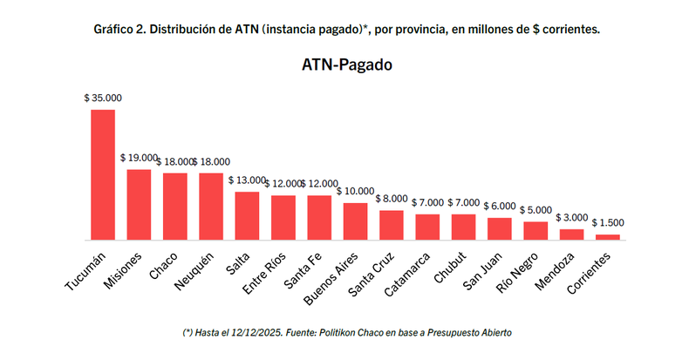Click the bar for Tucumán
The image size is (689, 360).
[103, 174]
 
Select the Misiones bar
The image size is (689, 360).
[140, 204]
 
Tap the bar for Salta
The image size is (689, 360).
[247, 215]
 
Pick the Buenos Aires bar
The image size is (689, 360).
[355, 221]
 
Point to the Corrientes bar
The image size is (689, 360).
[608, 236]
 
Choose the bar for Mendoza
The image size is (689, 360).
[571, 234]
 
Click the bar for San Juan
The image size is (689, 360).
[499, 228]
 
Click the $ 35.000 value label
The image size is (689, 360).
[103, 98]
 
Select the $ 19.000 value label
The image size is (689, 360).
[140, 159]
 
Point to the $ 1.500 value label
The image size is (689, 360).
[608, 223]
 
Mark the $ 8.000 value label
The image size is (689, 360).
[392, 199]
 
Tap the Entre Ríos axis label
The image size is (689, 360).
[267, 274]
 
